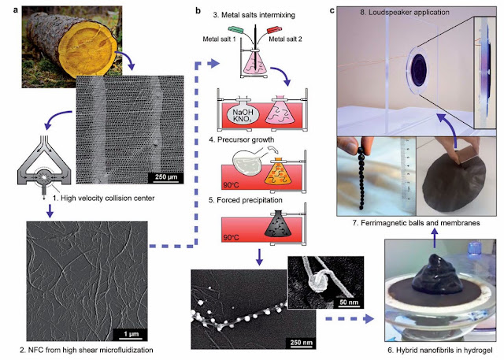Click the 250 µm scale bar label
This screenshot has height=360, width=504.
click(x=165, y=177)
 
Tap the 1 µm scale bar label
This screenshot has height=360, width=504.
click(x=132, y=334)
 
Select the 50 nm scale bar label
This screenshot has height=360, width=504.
click(x=348, y=302)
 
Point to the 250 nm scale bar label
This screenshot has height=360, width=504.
click(x=301, y=343)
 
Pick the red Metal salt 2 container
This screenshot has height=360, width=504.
click(x=274, y=30)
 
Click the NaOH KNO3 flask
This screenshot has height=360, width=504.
click(x=243, y=113)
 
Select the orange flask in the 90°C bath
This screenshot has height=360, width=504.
click(x=278, y=174)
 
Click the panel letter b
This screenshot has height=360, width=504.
click(x=198, y=11)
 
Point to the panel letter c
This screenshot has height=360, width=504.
click(x=332, y=10)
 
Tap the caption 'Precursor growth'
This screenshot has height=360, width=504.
click(x=246, y=139)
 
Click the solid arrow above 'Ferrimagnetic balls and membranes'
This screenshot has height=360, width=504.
click(x=435, y=238)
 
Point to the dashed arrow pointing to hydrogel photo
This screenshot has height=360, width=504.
click(x=350, y=319)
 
